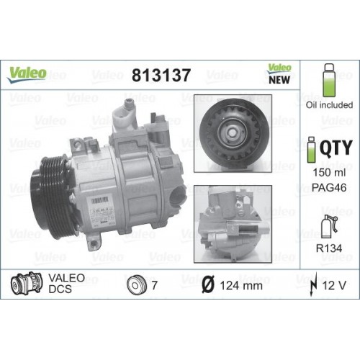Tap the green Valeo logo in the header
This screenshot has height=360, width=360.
[x=28, y=73]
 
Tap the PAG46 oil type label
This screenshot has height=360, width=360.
[x=328, y=187]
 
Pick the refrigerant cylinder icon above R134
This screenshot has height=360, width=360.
[x=328, y=223]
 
